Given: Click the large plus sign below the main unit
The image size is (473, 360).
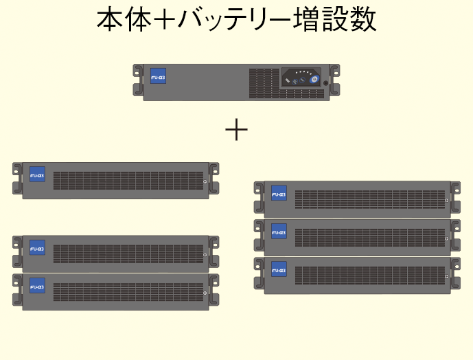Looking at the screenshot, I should tap(236, 128).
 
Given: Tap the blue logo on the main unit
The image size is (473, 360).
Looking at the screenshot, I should tap(158, 78).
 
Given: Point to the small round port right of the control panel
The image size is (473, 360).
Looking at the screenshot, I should tap(326, 82).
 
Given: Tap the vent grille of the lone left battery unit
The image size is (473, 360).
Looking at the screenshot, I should tap(126, 181).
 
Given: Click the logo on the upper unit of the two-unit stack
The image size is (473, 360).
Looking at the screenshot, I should tap(37, 248).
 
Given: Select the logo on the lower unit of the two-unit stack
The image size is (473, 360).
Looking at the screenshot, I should tap(37, 286).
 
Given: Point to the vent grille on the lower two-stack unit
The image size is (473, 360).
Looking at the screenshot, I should tap(126, 291).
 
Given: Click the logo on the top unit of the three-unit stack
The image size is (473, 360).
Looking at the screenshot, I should tap(279, 194).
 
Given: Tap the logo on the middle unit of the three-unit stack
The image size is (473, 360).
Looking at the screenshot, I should tap(279, 232).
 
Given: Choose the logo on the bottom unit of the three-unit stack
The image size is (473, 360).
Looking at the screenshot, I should tap(279, 270).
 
